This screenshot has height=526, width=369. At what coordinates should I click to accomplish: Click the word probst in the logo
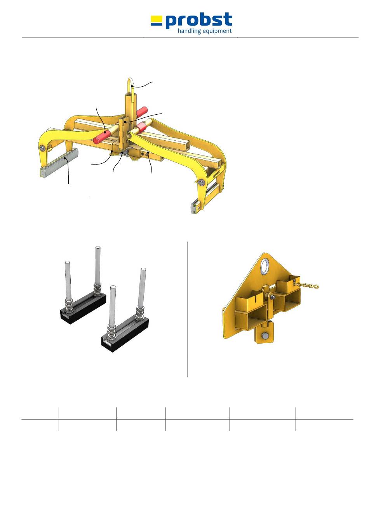(x=199, y=21)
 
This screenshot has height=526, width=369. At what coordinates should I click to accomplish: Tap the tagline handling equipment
(x=205, y=31)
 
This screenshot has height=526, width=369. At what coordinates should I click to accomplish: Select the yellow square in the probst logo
(x=157, y=18)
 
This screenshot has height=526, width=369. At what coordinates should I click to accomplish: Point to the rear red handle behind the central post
(x=142, y=112)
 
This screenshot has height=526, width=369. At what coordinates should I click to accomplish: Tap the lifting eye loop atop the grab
(x=131, y=86)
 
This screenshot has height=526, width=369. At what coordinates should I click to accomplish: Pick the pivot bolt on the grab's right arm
(x=201, y=183)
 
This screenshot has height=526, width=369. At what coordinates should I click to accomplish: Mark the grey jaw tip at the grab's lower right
(x=196, y=207)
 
